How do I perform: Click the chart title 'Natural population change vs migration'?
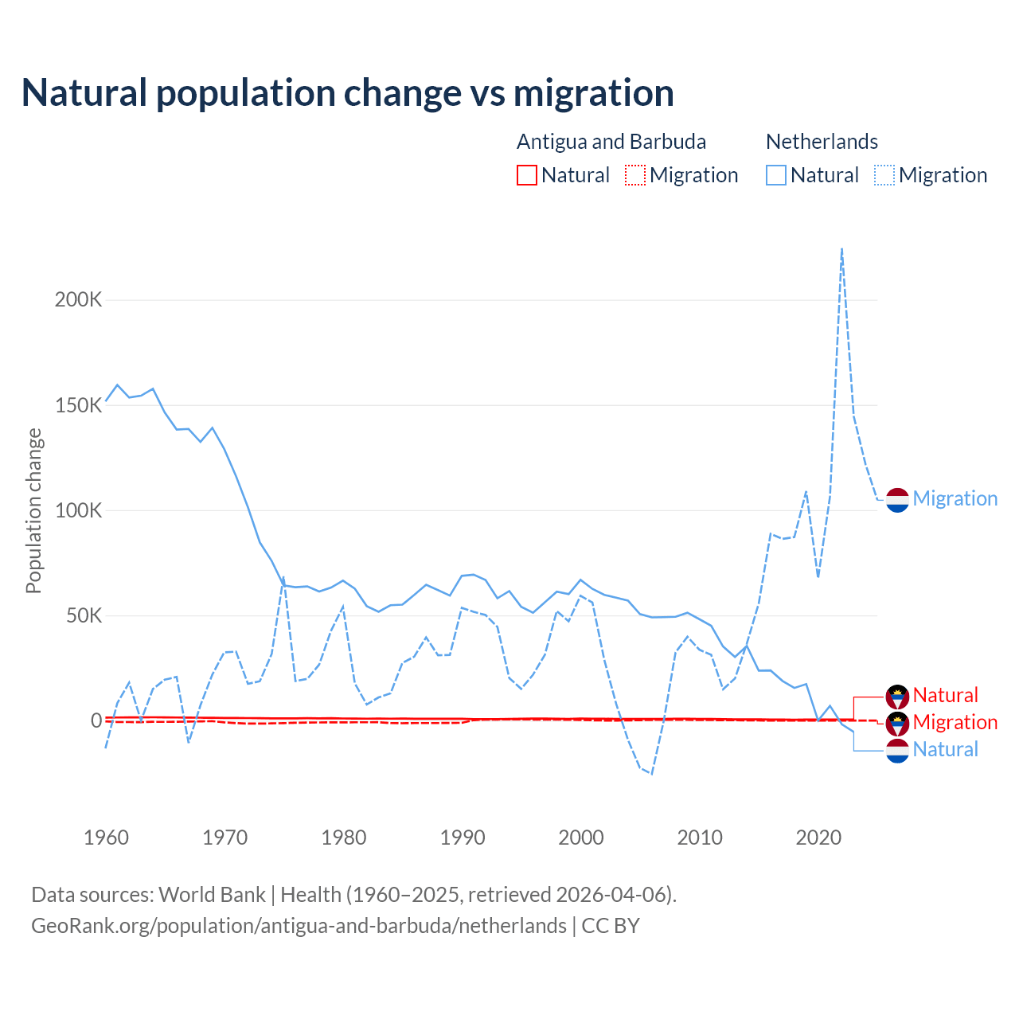[x=348, y=93]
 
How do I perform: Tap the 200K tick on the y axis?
[x=78, y=300]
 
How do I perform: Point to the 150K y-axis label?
[x=78, y=405]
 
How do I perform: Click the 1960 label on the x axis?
[x=106, y=837]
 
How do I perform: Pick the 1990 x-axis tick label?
[x=463, y=837]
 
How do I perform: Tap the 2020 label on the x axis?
[x=818, y=837]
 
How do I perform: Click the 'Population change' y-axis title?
[x=33, y=510]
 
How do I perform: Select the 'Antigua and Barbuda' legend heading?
[x=611, y=142]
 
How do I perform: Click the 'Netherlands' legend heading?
[x=822, y=142]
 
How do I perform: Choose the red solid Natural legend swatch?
[x=527, y=175]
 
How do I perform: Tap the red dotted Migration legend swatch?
[x=635, y=175]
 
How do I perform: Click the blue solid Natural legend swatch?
[x=776, y=175]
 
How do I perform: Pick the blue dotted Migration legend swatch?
[x=884, y=175]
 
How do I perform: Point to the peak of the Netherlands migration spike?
[x=841, y=249]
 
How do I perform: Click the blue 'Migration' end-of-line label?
[x=955, y=498]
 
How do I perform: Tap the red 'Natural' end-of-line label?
[x=945, y=695]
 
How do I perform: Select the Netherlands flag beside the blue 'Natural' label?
[x=897, y=750]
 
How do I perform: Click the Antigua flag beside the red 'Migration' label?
[x=897, y=723]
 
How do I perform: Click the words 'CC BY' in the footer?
[x=611, y=926]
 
